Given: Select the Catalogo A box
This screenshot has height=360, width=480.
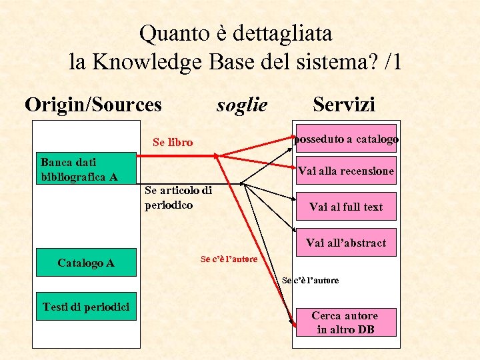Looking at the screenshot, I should click(x=86, y=263).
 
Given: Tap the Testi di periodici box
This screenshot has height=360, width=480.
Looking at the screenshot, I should click(x=86, y=307).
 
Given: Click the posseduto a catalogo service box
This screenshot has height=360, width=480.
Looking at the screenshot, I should click(x=346, y=139).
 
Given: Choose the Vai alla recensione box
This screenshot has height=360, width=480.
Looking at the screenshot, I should click(x=346, y=171).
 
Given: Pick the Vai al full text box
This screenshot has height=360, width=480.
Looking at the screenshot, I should click(x=346, y=207).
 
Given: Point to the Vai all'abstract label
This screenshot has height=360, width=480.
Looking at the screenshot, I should click(x=346, y=243).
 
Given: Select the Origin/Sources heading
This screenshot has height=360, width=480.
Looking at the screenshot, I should click(x=93, y=105).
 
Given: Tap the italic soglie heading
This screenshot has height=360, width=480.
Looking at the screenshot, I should click(x=242, y=105).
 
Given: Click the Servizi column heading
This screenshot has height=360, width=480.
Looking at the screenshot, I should click(x=344, y=104).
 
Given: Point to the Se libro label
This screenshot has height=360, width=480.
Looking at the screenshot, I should click(x=173, y=142).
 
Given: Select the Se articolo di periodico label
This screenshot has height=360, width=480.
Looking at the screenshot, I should click(x=178, y=198).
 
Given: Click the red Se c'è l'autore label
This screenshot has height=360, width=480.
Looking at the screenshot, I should click(x=229, y=259).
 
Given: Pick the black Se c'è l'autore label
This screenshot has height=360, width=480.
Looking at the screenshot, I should click(x=310, y=281).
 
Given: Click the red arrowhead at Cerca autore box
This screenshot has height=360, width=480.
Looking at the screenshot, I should click(x=294, y=324).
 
